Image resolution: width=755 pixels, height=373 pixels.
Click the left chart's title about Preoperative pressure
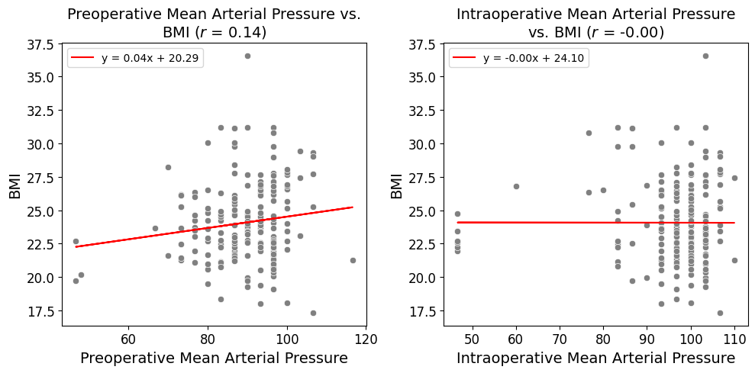214,23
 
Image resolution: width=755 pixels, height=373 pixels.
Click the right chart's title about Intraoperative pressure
595,23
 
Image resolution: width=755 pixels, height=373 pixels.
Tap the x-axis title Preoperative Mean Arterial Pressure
214,358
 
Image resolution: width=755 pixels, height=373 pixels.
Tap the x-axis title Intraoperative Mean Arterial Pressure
595,358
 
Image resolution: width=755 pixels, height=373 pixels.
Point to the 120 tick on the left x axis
366,338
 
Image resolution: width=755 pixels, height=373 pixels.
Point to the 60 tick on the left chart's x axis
128,338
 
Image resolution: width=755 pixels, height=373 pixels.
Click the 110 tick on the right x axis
734,338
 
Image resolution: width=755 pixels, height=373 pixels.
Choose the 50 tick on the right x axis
472,338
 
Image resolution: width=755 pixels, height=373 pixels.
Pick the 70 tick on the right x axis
560,338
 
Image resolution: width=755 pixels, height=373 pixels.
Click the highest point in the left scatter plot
247,56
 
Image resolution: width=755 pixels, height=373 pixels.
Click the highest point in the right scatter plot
705,56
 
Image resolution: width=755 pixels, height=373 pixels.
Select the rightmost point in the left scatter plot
353,260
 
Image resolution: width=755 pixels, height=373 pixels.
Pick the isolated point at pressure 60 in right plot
516,186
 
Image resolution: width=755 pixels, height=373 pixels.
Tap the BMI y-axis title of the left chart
15,185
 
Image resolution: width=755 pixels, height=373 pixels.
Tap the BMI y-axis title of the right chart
396,185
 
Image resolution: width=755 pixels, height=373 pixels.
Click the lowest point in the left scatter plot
313,313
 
